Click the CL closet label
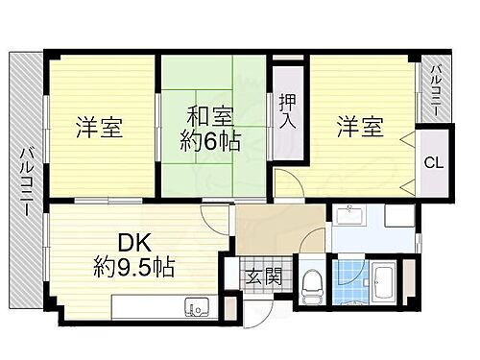coord(434,162)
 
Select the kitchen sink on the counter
coord(198,308)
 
